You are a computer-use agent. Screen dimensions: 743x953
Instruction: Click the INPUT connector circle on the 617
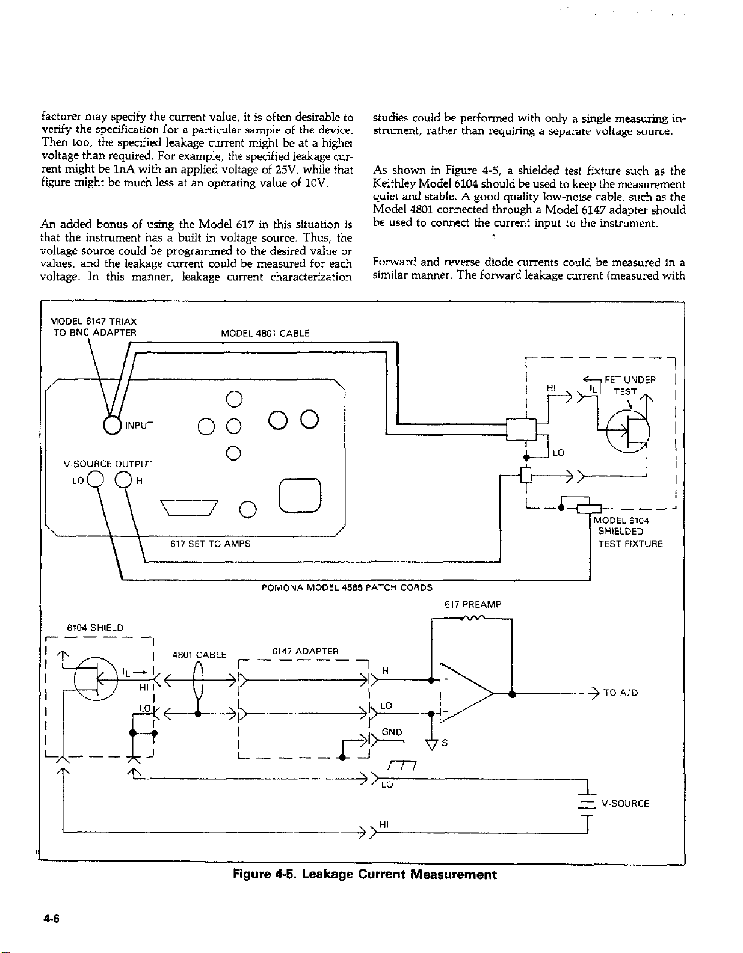click(x=112, y=424)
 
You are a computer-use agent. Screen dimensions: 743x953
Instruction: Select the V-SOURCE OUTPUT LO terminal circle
click(x=95, y=479)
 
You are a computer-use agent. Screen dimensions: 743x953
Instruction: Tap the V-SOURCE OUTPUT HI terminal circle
click(x=123, y=479)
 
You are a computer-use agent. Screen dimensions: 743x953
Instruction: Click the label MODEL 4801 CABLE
click(x=265, y=333)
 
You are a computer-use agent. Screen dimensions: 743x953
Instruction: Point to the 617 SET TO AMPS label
click(x=210, y=544)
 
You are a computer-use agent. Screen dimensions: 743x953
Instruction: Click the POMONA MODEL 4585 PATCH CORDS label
click(x=347, y=587)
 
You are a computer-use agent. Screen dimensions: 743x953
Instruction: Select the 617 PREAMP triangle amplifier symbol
click(x=467, y=693)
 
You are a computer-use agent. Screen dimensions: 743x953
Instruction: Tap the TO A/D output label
click(x=621, y=693)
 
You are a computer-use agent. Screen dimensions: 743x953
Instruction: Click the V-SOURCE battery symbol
click(x=587, y=803)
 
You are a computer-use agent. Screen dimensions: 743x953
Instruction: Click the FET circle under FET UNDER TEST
click(x=628, y=431)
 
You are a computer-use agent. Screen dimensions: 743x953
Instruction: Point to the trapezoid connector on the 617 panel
click(x=189, y=507)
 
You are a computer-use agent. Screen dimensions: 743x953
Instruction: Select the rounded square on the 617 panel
click(x=300, y=495)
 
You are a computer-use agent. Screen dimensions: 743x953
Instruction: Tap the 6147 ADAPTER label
click(x=305, y=651)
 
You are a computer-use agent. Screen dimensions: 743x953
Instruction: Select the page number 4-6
click(x=51, y=918)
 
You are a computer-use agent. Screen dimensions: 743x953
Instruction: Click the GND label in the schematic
click(x=392, y=732)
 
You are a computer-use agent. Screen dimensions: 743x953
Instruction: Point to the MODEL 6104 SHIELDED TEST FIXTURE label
click(x=628, y=532)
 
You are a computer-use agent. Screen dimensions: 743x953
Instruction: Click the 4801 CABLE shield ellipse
click(x=199, y=681)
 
